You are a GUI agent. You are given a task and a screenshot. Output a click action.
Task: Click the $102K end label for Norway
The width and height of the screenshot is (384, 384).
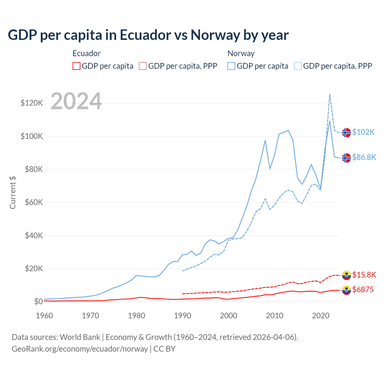tap(363, 132)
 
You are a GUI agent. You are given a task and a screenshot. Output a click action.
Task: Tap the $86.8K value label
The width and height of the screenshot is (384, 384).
tap(364, 157)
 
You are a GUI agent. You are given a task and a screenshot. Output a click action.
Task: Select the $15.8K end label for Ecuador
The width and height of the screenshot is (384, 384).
tap(364, 275)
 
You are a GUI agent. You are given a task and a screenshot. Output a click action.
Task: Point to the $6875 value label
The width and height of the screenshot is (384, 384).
tap(363, 289)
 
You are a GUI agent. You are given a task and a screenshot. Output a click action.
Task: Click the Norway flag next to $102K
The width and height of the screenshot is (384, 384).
tap(346, 132)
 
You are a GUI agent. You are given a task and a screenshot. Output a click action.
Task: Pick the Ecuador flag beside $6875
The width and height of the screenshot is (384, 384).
tap(346, 290)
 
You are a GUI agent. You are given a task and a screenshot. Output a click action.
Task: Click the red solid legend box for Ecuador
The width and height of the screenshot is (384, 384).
tap(76, 66)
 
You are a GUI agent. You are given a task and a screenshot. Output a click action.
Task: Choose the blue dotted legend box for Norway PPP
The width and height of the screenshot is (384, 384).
tap(298, 66)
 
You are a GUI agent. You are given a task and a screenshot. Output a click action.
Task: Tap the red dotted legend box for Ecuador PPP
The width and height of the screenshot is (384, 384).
tap(143, 66)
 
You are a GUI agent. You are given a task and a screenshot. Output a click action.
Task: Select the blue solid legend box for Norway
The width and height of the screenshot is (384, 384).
tap(231, 66)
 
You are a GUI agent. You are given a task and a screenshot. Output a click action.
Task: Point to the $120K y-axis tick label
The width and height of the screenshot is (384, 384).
tap(32, 103)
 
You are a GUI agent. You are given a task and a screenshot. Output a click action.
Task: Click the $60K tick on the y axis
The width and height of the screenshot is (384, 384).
tap(34, 202)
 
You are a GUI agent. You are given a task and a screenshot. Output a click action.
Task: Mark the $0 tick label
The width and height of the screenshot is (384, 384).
tap(38, 301)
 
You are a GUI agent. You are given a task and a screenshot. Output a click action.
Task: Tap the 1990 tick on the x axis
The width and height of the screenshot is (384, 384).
tap(182, 316)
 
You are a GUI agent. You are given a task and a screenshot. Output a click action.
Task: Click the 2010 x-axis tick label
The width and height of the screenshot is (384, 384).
tap(274, 316)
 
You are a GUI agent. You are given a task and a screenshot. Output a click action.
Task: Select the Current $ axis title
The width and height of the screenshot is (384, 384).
tap(13, 193)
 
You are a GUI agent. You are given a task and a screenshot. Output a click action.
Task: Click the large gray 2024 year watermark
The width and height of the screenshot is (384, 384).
tap(76, 101)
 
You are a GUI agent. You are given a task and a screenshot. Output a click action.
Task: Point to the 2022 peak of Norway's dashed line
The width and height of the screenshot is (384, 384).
tap(330, 94)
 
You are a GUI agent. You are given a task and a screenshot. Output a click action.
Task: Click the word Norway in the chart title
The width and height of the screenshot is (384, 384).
tap(215, 35)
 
